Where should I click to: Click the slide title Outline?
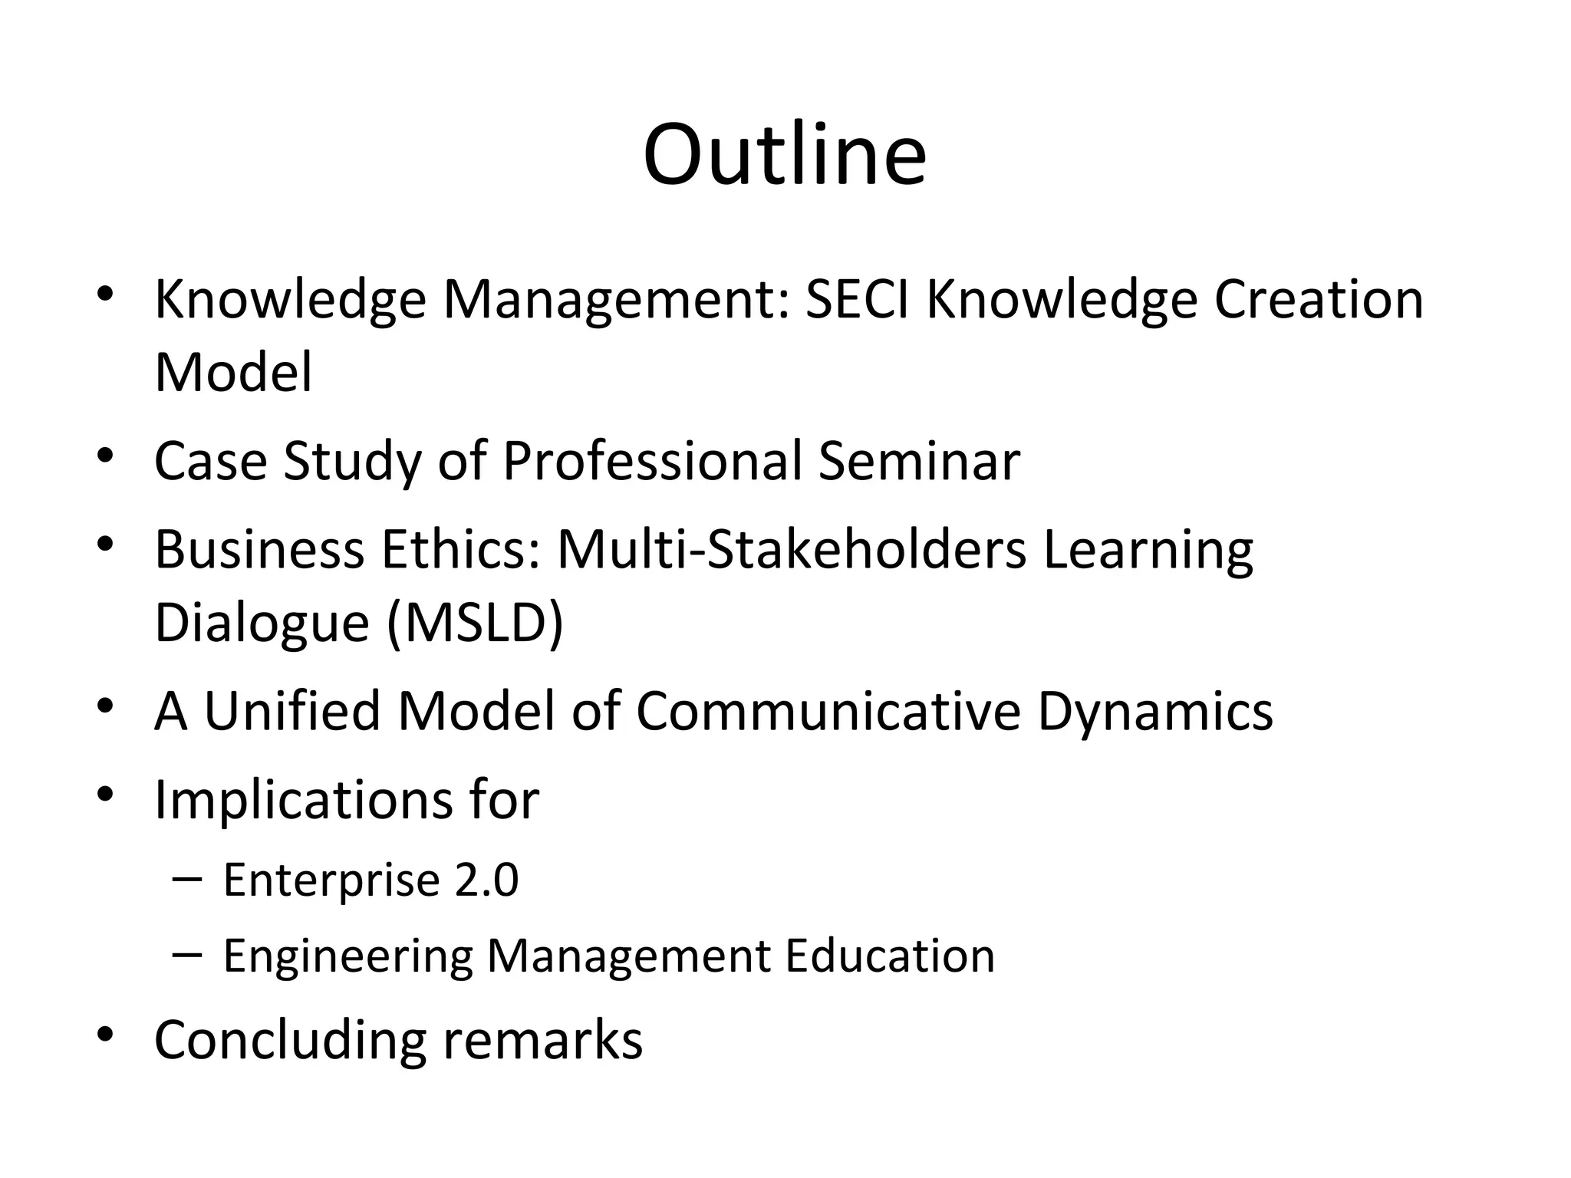pos(785,155)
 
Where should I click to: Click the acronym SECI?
pos(857,299)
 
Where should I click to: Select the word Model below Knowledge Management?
pos(233,373)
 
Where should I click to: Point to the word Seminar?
pos(919,462)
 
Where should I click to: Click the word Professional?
pos(652,462)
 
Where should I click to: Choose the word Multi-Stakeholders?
pos(791,550)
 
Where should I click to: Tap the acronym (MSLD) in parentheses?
pos(476,623)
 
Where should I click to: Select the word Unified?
pos(291,711)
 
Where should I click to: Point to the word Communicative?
pos(828,711)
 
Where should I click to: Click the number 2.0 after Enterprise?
pos(486,880)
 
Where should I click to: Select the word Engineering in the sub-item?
pos(347,957)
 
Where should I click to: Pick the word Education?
pos(890,956)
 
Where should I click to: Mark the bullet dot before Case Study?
pos(106,457)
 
